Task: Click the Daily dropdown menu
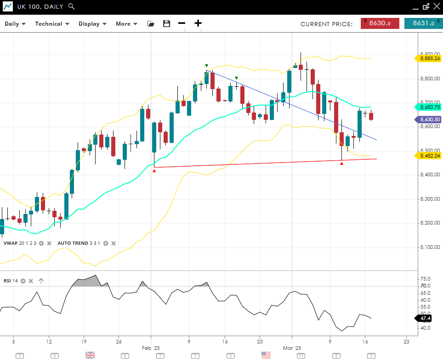point(15,24)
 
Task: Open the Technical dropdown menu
point(52,24)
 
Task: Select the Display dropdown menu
point(92,24)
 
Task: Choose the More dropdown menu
point(126,24)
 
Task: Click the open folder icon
point(151,24)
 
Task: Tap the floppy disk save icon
point(166,24)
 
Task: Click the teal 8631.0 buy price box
point(423,23)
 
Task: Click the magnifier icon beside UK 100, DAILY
point(71,6)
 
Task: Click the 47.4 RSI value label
point(425,318)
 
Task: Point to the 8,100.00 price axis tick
point(430,247)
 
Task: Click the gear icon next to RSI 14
point(23,281)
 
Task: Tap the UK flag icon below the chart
point(90,355)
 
